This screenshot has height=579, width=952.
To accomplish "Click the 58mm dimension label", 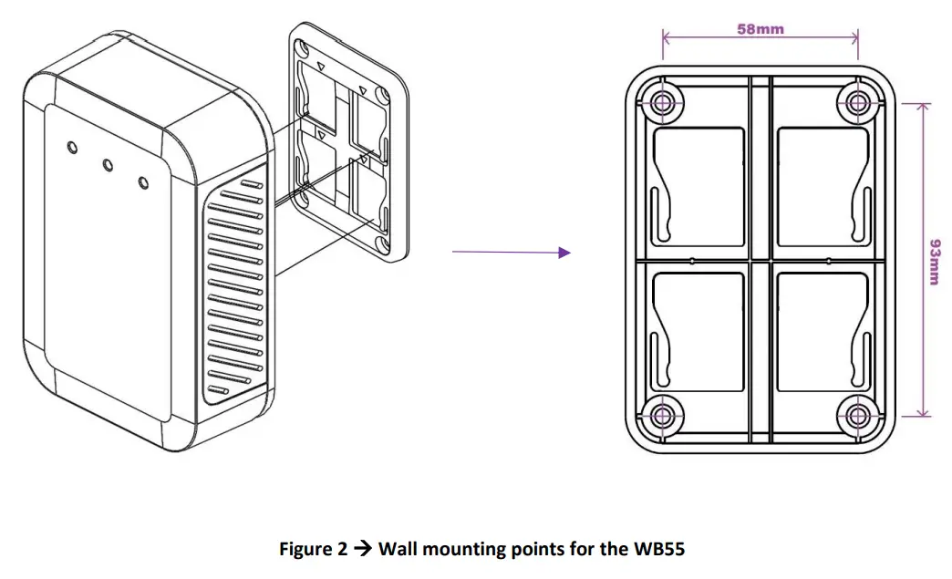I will [x=760, y=28].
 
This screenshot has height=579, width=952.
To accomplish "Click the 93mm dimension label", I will [x=933, y=262].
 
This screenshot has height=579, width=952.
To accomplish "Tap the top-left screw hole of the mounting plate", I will [x=663, y=102].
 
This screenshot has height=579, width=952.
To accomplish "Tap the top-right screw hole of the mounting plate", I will [x=857, y=102].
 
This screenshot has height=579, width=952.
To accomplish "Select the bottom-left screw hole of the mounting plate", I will [x=663, y=417].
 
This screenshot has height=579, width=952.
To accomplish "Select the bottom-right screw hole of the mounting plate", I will [x=857, y=417].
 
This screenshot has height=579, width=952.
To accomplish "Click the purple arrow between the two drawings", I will [x=511, y=253].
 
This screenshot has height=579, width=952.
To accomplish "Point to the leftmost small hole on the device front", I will [x=72, y=147].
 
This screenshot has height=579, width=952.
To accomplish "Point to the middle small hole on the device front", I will [x=108, y=165].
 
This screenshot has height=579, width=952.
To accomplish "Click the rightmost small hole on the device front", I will [x=143, y=183].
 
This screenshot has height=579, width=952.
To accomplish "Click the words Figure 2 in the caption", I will [x=313, y=549].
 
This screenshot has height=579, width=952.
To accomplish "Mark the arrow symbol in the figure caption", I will [x=363, y=549].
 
